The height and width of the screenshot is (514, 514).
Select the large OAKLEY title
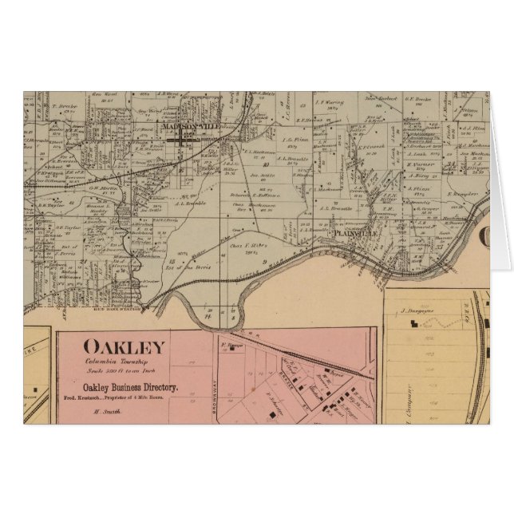click(125, 347)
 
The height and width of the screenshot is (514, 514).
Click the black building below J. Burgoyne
click(413, 324)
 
